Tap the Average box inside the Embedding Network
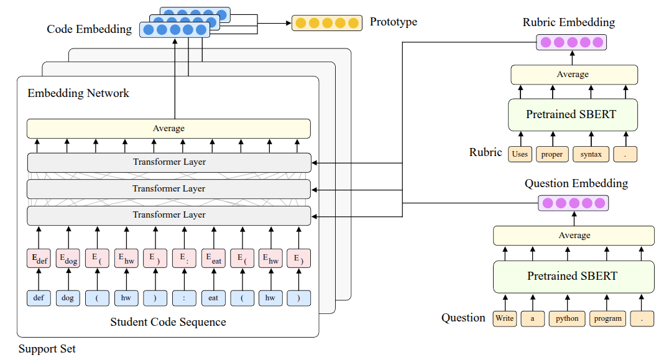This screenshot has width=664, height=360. tap(168, 129)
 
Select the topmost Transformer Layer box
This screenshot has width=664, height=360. tap(168, 162)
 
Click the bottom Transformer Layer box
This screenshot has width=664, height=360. tap(168, 215)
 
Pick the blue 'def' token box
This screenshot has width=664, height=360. tap(39, 298)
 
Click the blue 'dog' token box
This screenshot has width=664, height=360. tap(68, 298)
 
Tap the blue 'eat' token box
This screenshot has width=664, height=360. tap(213, 298)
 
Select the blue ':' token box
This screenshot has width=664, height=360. tap(184, 298)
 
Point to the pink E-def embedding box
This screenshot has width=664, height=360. tap(39, 259)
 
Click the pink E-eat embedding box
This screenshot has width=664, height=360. tap(213, 259)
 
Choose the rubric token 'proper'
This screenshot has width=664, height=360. tap(552, 154)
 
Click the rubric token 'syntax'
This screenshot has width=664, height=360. tap(591, 154)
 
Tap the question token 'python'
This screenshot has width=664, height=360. tap(567, 319)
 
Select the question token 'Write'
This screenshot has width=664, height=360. tap(505, 319)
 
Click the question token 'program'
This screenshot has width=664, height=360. tap(607, 319)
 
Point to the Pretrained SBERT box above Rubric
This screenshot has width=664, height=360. tap(571, 114)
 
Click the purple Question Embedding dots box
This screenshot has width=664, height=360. tap(573, 203)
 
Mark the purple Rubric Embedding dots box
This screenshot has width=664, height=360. tap(571, 42)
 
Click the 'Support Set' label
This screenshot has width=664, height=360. tap(47, 349)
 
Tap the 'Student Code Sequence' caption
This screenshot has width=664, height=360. tap(168, 322)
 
